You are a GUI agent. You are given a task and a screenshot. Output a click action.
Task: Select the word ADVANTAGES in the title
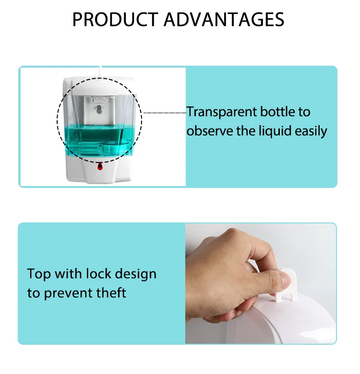pos(224,20)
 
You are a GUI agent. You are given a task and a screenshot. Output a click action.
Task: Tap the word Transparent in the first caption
pos(221,112)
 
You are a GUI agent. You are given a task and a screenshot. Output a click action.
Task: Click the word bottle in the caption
pos(278,112)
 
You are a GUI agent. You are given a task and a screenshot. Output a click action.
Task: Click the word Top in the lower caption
pos(38,274)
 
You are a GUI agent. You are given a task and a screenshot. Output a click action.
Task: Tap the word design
pos(135,275)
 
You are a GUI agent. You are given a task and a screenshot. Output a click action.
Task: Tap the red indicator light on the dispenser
pos(100,167)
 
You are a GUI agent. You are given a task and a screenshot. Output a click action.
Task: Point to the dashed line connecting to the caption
pos(164,113)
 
